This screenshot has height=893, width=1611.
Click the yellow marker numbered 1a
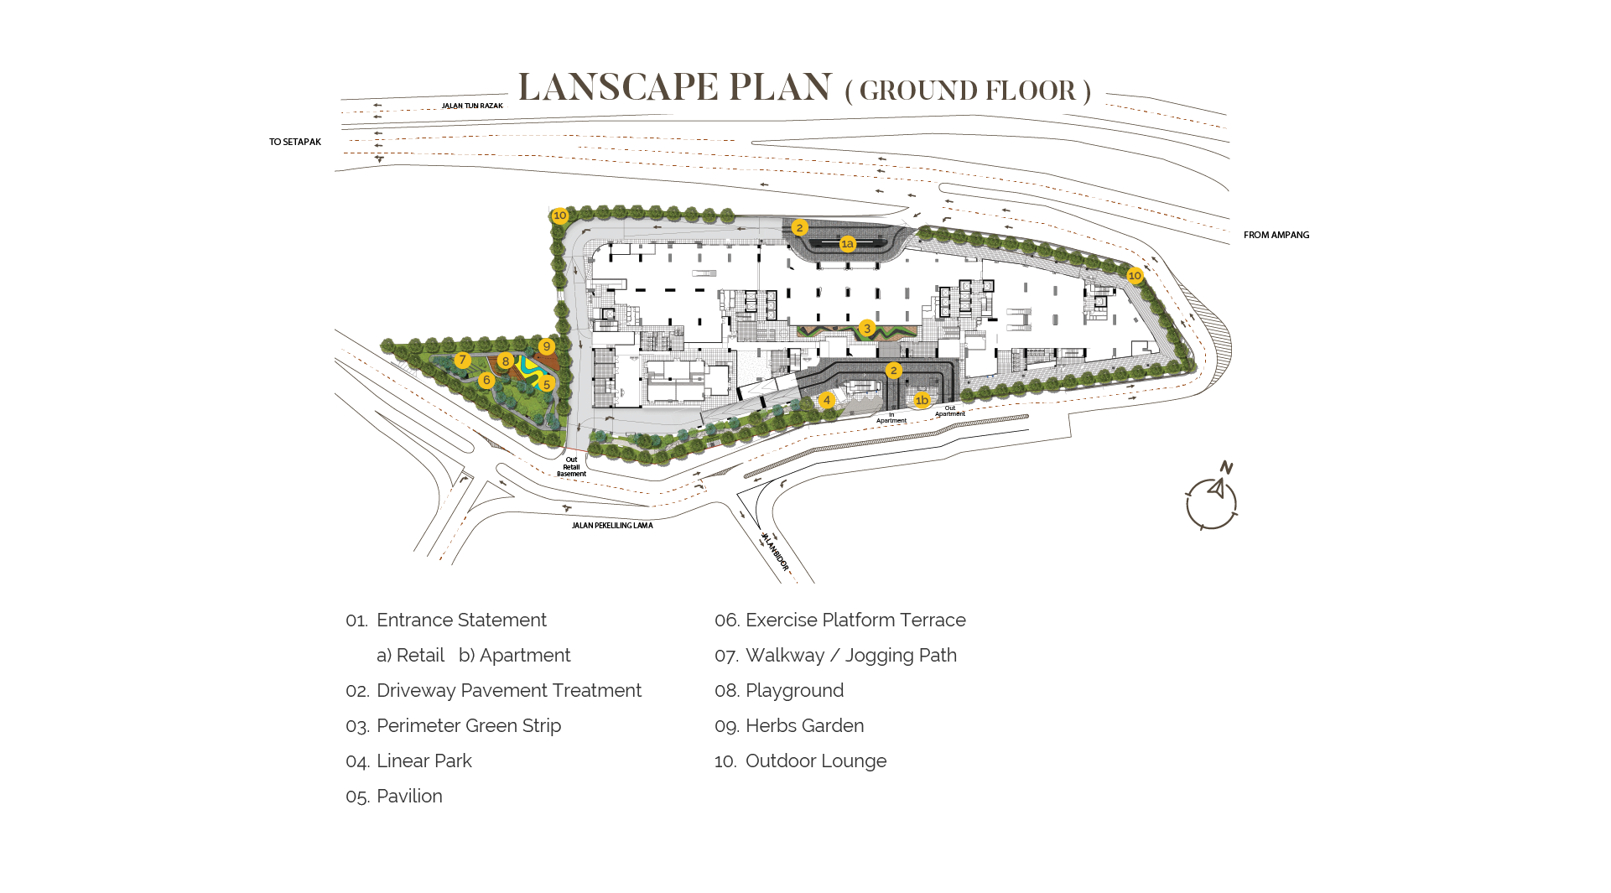848,244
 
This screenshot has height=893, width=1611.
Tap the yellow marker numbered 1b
922,401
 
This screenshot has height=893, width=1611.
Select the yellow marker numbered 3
867,329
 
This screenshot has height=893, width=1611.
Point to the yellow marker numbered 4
827,401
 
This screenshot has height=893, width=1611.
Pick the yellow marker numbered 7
462,360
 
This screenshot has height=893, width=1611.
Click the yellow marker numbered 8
506,361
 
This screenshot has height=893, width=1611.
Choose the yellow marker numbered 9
547,346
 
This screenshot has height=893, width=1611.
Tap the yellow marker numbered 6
486,381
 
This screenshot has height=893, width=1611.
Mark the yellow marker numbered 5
547,384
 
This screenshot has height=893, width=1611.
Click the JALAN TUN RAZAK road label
472,106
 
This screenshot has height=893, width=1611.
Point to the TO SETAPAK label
295,143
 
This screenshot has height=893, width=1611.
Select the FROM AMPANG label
1276,236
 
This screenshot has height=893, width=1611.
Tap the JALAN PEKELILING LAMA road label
612,526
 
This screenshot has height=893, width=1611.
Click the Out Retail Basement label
572,467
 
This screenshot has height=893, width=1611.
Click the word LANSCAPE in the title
618,87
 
